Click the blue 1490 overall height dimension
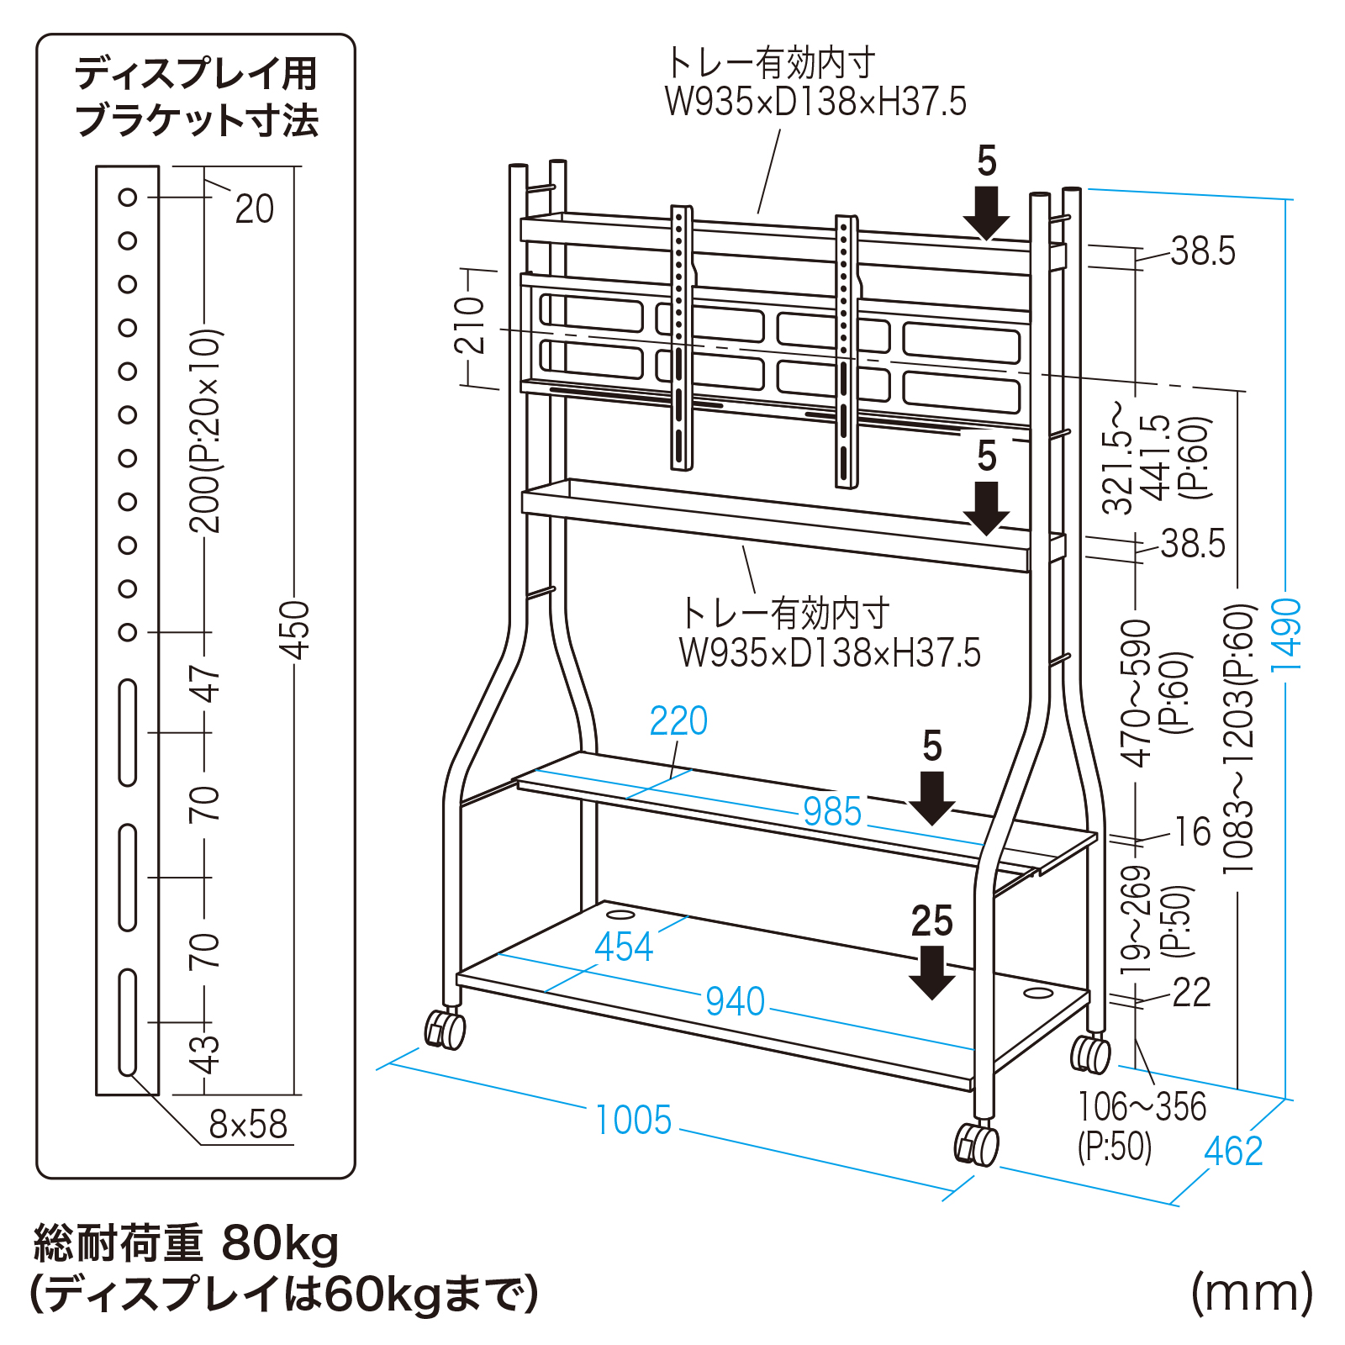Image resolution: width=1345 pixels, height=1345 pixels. [x=1286, y=634]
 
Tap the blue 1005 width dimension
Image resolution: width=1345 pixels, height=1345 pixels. [x=634, y=1120]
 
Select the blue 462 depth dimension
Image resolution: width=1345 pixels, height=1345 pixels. [x=1233, y=1151]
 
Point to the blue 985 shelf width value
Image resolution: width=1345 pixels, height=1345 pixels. [x=832, y=812]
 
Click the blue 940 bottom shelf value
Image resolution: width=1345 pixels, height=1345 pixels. [x=736, y=1001]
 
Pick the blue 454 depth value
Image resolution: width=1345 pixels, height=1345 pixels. [x=624, y=947]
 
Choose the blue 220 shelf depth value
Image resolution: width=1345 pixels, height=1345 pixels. [x=678, y=721]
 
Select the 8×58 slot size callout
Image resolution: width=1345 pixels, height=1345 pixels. [x=248, y=1124]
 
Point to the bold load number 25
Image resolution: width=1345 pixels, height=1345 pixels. [x=931, y=921]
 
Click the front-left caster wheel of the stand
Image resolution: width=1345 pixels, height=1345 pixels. [x=446, y=1030]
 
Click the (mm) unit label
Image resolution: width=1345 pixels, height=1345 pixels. [x=1252, y=1293]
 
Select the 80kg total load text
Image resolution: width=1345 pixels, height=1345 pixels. [x=280, y=1243]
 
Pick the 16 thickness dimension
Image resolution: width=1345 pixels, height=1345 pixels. [x=1193, y=832]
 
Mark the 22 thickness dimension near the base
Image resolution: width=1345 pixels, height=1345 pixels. [x=1191, y=993]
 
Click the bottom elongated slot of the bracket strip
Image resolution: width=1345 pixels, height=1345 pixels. [x=128, y=1021]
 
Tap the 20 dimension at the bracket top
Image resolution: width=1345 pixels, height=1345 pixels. [x=255, y=209]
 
